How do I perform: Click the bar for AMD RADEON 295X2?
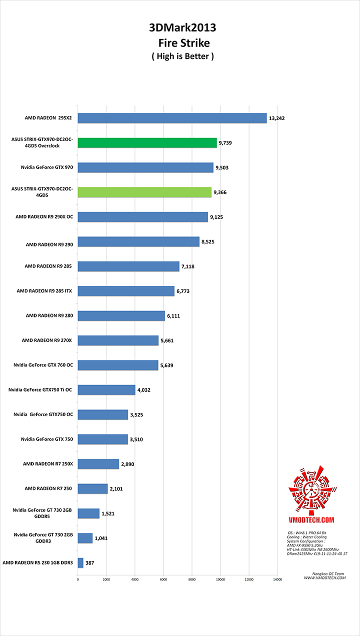tap(172, 118)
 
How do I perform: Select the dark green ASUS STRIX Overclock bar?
tap(147, 143)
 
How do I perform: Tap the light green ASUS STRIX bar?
tap(144, 192)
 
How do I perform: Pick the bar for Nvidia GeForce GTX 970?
tap(145, 167)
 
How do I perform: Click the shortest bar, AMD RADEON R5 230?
tap(80, 563)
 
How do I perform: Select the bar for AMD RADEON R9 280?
tap(121, 316)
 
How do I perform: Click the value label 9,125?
tap(218, 217)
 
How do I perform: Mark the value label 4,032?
tap(145, 390)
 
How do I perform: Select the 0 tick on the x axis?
tap(78, 579)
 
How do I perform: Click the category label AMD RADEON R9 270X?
tap(47, 340)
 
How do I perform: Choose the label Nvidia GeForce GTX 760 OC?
tap(43, 365)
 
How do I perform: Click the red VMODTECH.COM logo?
tap(310, 492)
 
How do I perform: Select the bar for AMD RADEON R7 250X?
tap(98, 464)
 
